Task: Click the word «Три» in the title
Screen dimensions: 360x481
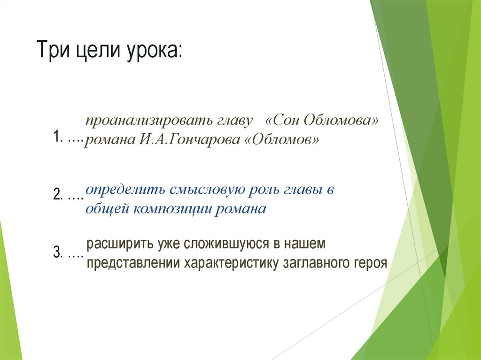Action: pyautogui.click(x=52, y=51)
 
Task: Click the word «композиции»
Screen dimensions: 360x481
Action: pyautogui.click(x=173, y=209)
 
